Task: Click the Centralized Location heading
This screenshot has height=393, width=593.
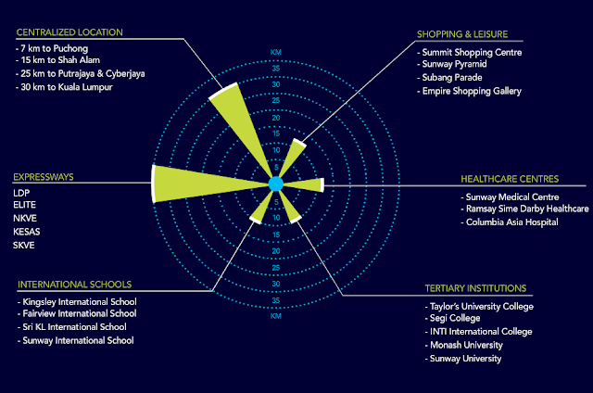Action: pyautogui.click(x=69, y=32)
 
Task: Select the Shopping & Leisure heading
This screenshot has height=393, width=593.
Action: pyautogui.click(x=467, y=35)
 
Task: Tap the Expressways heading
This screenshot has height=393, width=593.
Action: pyautogui.click(x=44, y=176)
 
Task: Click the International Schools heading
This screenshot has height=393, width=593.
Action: pyautogui.click(x=75, y=284)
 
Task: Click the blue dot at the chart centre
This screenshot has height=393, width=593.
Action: pyautogui.click(x=275, y=184)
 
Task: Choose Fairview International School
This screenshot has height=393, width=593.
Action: pyautogui.click(x=77, y=314)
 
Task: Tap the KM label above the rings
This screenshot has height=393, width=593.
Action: pyautogui.click(x=275, y=51)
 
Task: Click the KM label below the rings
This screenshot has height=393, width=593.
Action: pyautogui.click(x=275, y=316)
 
